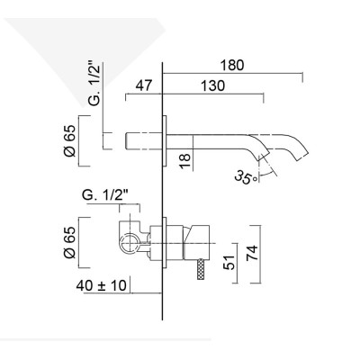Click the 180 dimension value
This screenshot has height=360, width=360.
pos(232,65)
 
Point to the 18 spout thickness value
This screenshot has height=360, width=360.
pos(183,161)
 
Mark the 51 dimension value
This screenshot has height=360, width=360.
pos(230,262)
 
